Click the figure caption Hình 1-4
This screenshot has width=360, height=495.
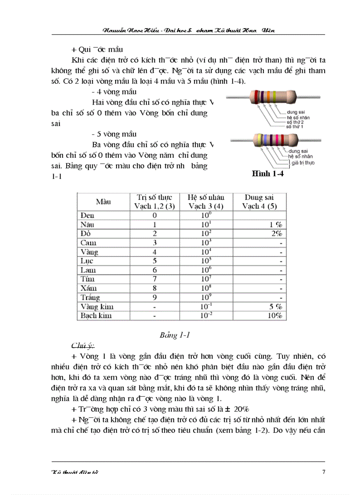point(267,174)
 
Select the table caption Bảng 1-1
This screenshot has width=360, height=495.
point(175,335)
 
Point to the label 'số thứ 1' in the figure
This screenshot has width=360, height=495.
point(296,126)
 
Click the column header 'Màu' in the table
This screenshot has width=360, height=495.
point(103,202)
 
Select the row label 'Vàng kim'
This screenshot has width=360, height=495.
point(97,306)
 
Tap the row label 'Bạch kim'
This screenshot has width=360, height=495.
point(96,316)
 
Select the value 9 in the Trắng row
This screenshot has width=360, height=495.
point(154,297)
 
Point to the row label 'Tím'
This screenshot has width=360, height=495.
point(88,279)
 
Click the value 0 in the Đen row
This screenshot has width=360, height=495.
point(154,216)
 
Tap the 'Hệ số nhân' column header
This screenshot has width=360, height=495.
point(206,202)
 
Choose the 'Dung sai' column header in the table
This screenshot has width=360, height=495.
point(260,202)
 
